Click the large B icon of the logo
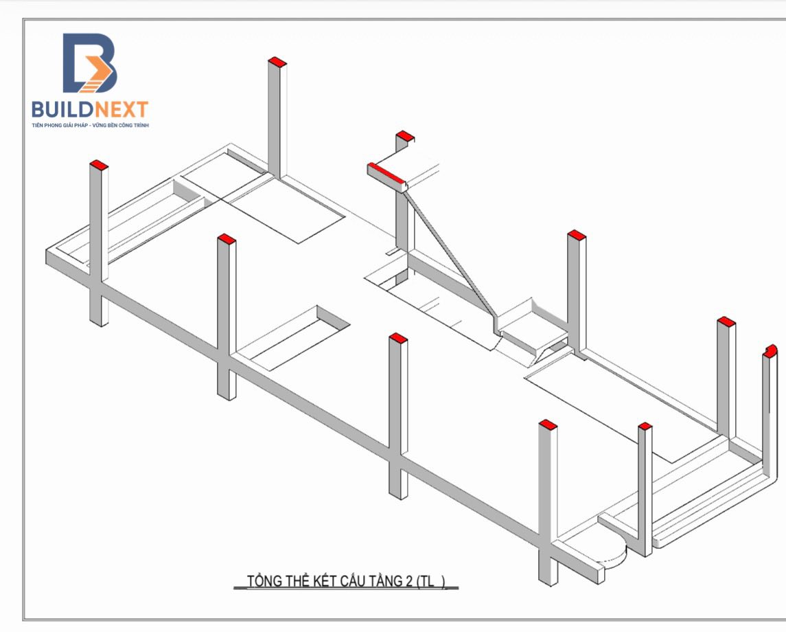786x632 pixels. tap(89, 63)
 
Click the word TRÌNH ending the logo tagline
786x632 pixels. tap(141, 125)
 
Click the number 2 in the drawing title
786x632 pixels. tap(409, 581)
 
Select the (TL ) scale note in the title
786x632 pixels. tap(431, 581)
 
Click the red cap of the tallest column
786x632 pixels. tap(277, 62)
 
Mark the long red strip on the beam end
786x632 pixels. tap(386, 172)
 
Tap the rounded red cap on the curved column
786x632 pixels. tap(770, 350)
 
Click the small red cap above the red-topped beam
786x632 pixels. tap(405, 136)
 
